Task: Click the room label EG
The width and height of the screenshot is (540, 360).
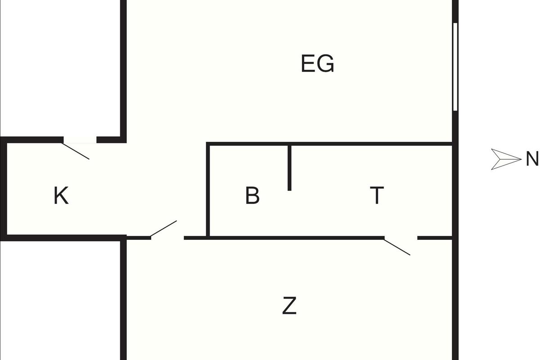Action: point(318,63)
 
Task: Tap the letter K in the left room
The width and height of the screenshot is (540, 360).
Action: point(61,195)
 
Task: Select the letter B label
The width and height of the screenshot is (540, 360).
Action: point(252,195)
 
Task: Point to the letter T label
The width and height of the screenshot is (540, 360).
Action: point(377,195)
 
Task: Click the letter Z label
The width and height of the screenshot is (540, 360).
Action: point(289,306)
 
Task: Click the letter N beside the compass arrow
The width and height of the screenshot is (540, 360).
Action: point(532,159)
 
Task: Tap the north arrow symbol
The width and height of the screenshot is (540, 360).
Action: point(506,159)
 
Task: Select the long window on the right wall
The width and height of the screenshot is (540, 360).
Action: point(455,67)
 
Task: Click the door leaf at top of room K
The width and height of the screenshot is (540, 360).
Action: point(76,151)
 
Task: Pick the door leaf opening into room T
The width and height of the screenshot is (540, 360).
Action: point(397,247)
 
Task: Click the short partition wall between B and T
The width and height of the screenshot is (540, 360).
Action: point(289,168)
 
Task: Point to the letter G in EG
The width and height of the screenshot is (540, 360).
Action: point(326,63)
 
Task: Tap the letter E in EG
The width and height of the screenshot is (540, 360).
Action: point(308,63)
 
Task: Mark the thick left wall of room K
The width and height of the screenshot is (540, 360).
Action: point(4,189)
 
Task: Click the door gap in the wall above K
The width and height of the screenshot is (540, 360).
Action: point(80,140)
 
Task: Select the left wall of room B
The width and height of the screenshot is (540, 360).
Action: point(208,190)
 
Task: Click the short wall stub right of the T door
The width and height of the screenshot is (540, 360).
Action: point(435,238)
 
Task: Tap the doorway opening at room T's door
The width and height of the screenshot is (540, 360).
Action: point(401,238)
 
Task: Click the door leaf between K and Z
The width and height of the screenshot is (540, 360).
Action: point(164,229)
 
